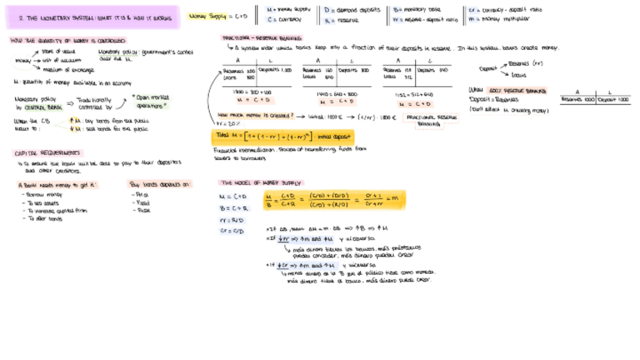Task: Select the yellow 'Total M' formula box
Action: point(284,136)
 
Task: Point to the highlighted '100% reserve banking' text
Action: point(518,91)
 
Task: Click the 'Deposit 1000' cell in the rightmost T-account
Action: point(613,100)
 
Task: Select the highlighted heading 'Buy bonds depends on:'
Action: point(160,184)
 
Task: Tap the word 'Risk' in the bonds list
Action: point(140,211)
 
